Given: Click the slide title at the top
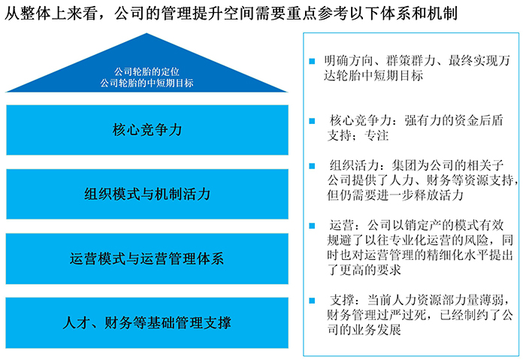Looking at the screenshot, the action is [x=231, y=14].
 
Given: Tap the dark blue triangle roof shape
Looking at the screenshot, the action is [x=147, y=67].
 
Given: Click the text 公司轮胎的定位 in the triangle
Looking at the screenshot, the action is [x=147, y=71].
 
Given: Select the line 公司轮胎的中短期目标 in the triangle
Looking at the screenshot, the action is [x=147, y=83].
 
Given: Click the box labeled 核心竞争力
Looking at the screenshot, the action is [x=147, y=130].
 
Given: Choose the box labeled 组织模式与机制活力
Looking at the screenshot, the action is [x=147, y=194].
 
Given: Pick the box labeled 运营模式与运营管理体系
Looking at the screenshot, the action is [x=147, y=259].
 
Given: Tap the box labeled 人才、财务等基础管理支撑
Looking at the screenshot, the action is [x=147, y=322].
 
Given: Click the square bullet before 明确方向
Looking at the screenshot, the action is [x=312, y=61].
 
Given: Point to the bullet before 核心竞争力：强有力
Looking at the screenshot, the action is [x=312, y=121].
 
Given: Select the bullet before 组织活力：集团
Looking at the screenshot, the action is [x=312, y=166].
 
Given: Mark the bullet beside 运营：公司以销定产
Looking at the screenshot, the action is [x=312, y=225].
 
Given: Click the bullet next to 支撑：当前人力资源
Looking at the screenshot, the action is [x=312, y=301].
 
